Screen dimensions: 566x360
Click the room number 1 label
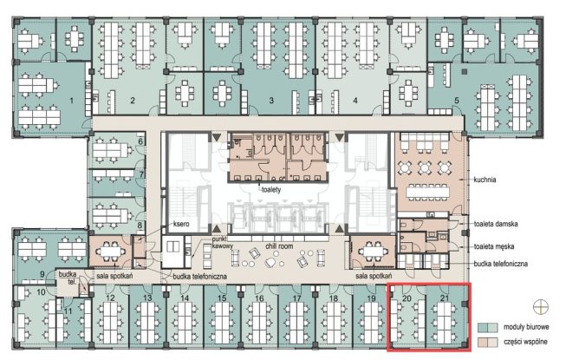coord(71,101)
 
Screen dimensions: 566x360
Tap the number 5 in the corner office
coord(457,101)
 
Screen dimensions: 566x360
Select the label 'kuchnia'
coord(485,180)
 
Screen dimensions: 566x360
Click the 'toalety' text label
coord(271,190)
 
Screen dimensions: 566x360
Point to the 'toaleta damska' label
coord(496,224)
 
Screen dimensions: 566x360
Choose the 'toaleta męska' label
coord(494,246)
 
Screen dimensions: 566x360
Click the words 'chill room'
coord(279,246)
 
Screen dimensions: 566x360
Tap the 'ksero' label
coord(181,224)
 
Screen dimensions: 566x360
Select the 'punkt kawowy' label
coord(223,243)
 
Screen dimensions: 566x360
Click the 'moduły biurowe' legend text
coord(526,327)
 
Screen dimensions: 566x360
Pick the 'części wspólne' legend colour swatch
coord(487,342)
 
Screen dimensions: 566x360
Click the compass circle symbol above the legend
coord(540,307)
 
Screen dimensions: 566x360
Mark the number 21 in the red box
coord(445,298)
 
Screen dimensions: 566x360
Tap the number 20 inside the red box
coord(407,298)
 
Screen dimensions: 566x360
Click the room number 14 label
coord(185,298)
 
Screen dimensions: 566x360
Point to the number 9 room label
coord(42,274)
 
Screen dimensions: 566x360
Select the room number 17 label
coord(296,298)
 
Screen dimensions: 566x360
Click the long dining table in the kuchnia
coord(427,192)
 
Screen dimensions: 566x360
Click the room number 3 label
coord(271,101)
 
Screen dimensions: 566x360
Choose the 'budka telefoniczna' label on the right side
coord(501,264)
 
